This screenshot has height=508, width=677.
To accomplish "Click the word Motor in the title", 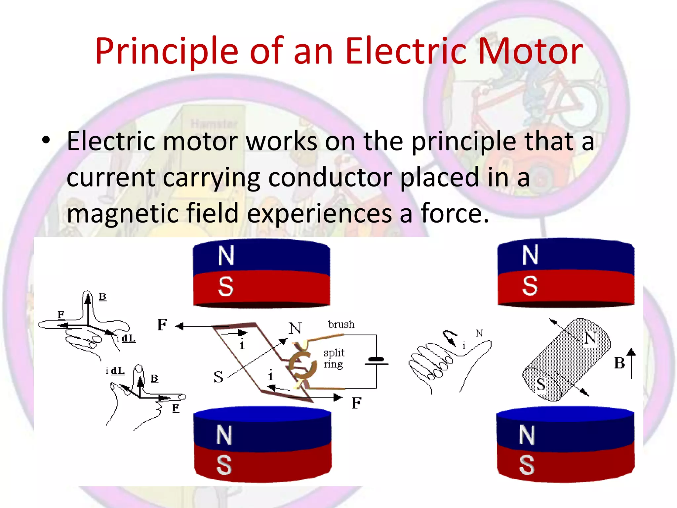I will coord(530,51).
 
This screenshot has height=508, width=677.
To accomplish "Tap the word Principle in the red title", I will coord(167,51).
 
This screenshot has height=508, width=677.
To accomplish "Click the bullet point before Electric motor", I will coord(46,141).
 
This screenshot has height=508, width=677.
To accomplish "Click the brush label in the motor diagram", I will coord(341,324).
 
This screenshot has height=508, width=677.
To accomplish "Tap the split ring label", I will coord(334,358).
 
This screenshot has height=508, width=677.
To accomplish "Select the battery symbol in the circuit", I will coord(376,361).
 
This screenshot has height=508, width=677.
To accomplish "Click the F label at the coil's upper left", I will coord(162,325).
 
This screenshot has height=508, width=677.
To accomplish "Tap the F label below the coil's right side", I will coord(356,403).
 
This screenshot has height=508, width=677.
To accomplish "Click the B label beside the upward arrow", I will coord(619,363).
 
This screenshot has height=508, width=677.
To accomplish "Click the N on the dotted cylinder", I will coord(590,338).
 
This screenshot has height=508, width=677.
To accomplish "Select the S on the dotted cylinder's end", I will coord(541,384).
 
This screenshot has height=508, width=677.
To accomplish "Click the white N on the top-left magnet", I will coord(226,256).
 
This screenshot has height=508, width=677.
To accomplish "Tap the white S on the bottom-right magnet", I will coord(527,465).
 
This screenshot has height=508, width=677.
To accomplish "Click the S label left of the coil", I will coord(218,377).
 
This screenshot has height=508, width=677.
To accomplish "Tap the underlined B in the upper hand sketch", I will coord(102,296).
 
